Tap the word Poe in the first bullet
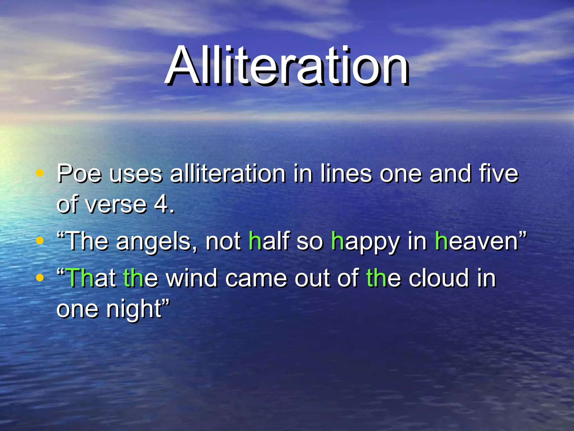79,174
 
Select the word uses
136,174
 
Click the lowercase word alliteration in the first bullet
228,174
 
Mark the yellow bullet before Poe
40,173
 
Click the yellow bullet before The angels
40,240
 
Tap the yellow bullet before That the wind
40,278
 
